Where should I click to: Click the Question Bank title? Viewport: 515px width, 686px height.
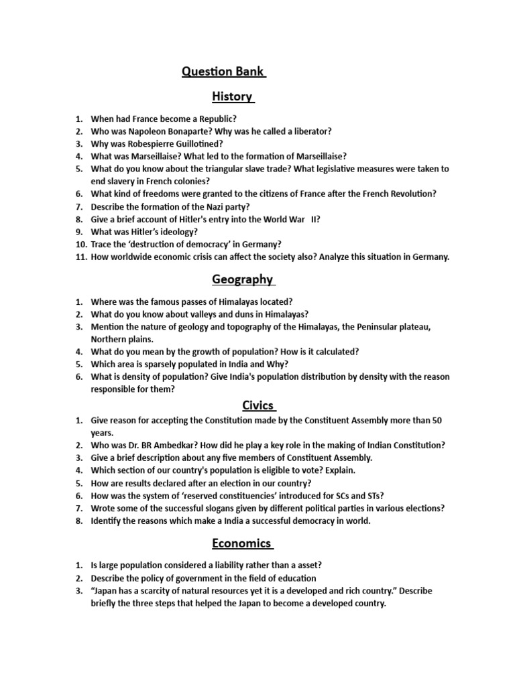tap(223, 72)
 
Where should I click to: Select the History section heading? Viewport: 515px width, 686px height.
tap(231, 96)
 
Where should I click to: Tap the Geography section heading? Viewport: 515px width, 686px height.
tap(242, 279)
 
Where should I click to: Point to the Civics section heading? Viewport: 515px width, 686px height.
tap(258, 405)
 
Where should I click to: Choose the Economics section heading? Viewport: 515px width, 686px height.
tap(242, 543)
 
